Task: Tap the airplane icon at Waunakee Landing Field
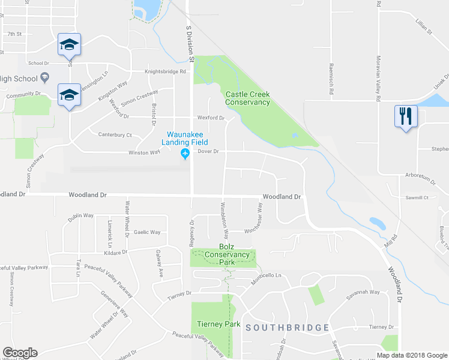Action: coord(184,155)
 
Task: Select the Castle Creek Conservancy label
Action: coord(247,98)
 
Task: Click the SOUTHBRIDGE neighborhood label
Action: coord(287,328)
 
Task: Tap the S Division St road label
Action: coord(190,44)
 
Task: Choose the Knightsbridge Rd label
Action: coord(166,72)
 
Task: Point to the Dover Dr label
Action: coord(208,152)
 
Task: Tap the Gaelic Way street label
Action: coord(147,232)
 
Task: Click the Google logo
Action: coord(20,353)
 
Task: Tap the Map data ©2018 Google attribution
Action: coord(411,355)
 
